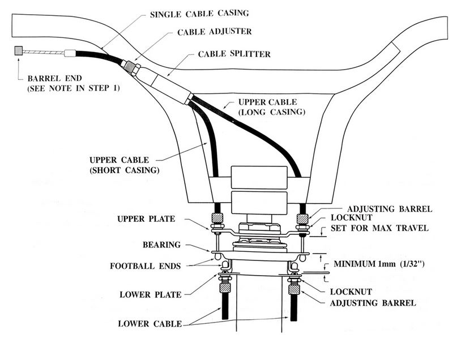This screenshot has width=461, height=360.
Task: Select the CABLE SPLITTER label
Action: [x=234, y=54]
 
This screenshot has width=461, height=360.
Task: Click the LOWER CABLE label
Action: [x=150, y=324]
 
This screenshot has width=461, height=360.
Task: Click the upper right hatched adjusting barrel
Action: [x=302, y=217]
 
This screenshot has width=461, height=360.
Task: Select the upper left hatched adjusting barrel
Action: [x=216, y=217]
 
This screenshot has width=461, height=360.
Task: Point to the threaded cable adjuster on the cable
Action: [x=133, y=66]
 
